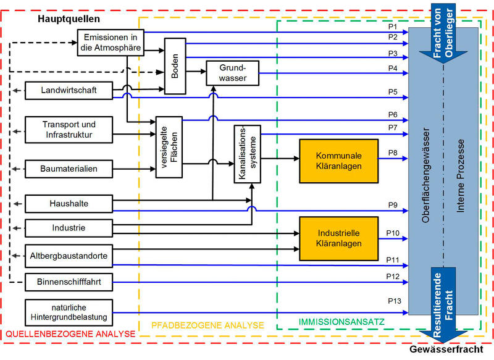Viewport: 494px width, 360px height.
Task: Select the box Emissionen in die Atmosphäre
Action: (110, 43)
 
